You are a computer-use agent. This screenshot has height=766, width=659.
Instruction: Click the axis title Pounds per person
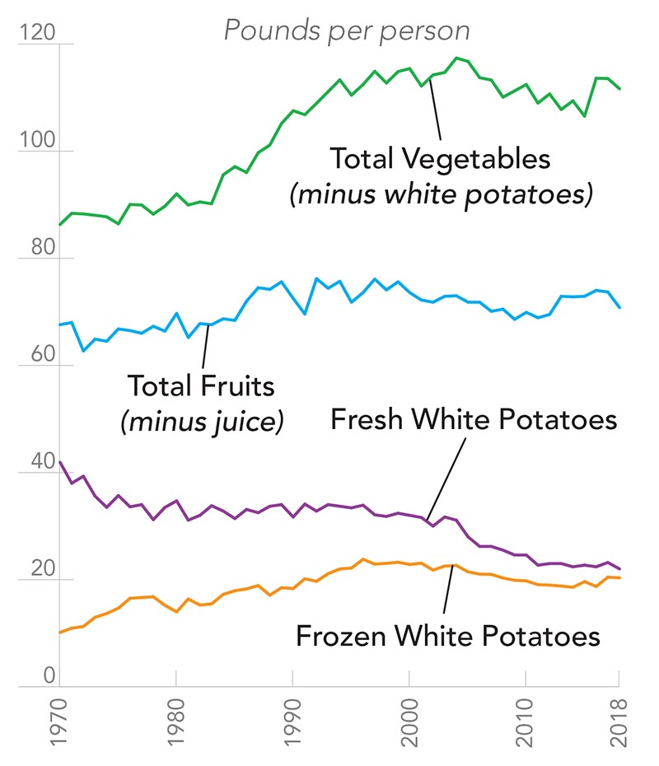click(347, 31)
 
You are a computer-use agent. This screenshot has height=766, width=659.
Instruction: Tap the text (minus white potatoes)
click(440, 196)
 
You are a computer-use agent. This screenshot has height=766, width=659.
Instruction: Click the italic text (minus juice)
click(202, 422)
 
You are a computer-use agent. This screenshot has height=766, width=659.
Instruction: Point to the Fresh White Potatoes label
click(473, 420)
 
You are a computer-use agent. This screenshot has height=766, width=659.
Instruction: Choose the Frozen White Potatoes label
click(447, 636)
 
